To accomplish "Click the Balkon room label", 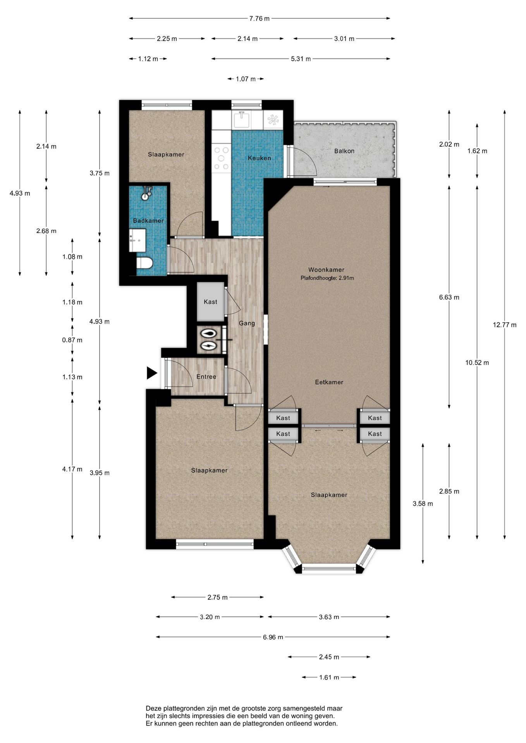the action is pyautogui.click(x=344, y=151).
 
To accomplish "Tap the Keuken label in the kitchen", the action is pyautogui.click(x=260, y=158).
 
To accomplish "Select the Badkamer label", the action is pyautogui.click(x=148, y=221).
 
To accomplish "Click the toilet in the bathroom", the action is pyautogui.click(x=144, y=263).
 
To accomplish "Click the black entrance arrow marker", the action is pyautogui.click(x=152, y=373).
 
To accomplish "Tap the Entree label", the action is pyautogui.click(x=206, y=377).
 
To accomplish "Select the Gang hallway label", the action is pyautogui.click(x=247, y=323).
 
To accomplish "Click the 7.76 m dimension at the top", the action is pyautogui.click(x=260, y=18).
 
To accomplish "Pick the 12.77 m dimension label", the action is pyautogui.click(x=505, y=325).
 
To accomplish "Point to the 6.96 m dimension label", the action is pyautogui.click(x=273, y=637).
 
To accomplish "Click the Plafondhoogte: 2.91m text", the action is pyautogui.click(x=327, y=278).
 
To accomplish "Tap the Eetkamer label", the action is pyautogui.click(x=329, y=382).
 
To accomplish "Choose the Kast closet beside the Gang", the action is pyautogui.click(x=210, y=302).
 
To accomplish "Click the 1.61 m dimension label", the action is pyautogui.click(x=329, y=677).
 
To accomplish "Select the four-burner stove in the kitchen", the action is pyautogui.click(x=222, y=158).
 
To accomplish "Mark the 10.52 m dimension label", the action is pyautogui.click(x=477, y=363).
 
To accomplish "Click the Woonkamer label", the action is pyautogui.click(x=326, y=270).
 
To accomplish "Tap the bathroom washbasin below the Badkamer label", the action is pyautogui.click(x=138, y=240).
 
